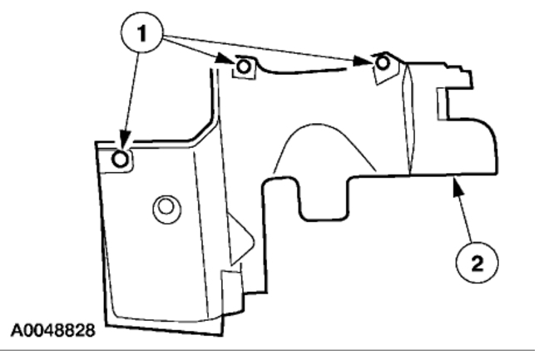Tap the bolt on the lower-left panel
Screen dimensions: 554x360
(121, 159)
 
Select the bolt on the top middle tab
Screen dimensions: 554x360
(243, 66)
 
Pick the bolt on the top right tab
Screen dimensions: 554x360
(382, 62)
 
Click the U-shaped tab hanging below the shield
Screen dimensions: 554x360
(321, 200)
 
